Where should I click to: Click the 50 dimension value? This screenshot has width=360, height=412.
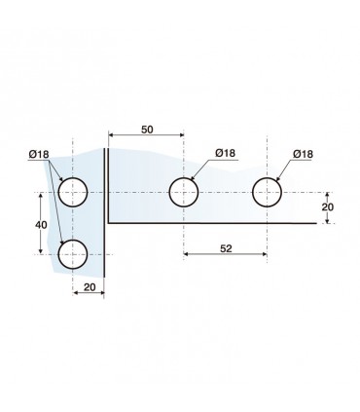[x=147, y=130]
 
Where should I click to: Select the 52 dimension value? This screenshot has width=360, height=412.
[x=226, y=248]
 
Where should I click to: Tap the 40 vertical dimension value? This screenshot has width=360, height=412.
[x=41, y=225]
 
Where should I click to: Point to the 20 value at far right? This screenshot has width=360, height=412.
[x=328, y=207]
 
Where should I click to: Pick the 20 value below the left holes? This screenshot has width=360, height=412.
[x=90, y=287]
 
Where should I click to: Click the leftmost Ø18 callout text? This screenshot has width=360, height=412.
[x=39, y=155]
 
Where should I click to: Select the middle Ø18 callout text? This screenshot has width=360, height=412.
[x=226, y=153]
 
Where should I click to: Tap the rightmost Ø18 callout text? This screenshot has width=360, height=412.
[x=304, y=154]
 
